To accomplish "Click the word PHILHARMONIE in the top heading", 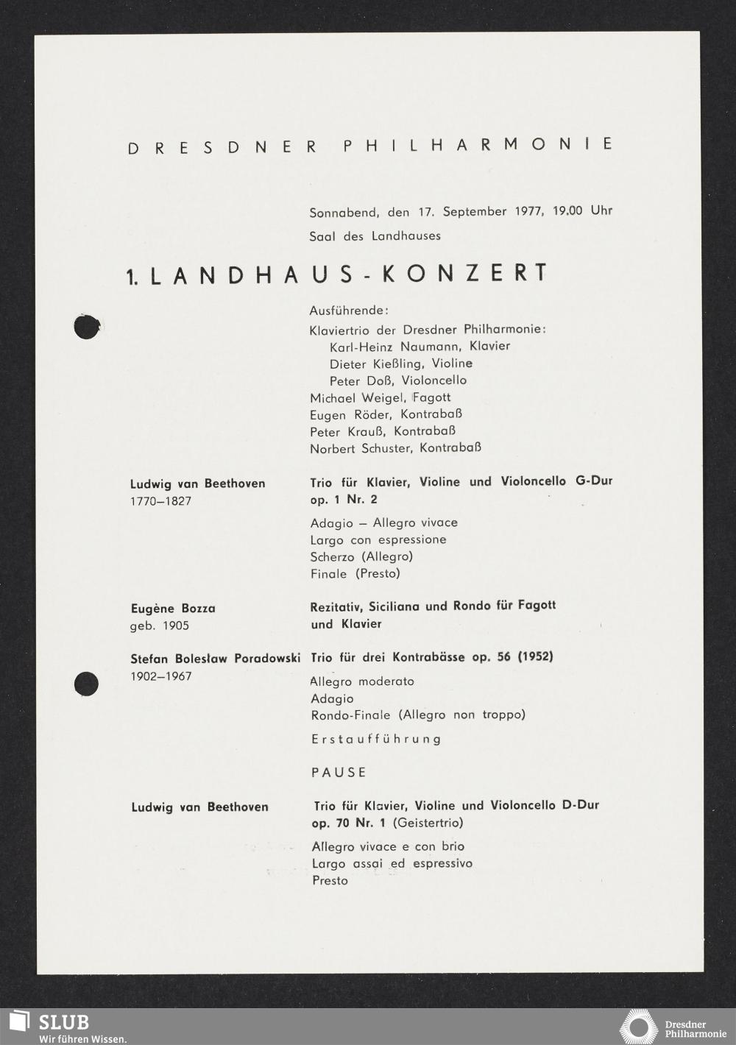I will [478, 144].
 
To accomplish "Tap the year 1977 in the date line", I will [529, 211].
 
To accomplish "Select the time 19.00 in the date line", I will [567, 210].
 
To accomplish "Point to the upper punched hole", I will [87, 327].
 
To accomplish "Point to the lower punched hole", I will [86, 684].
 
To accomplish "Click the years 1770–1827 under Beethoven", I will [160, 501].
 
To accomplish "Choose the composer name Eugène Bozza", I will [173, 609].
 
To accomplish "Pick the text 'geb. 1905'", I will [160, 626].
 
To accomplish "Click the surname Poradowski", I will [266, 659].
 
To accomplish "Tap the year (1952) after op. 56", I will [535, 656].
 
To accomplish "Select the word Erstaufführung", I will [376, 739].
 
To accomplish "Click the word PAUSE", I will [339, 773].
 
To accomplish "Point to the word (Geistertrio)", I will [428, 823].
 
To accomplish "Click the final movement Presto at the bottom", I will [330, 881].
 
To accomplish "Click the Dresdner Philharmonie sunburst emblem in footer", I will [638, 1027].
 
